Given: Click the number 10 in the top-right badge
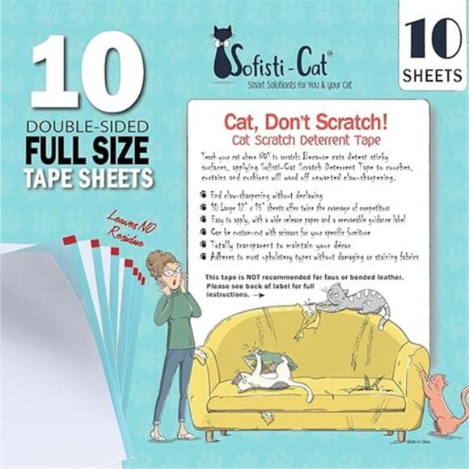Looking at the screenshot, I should (x=432, y=38).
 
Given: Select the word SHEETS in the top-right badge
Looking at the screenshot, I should (x=432, y=76).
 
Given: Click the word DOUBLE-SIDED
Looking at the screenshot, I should (x=87, y=127).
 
